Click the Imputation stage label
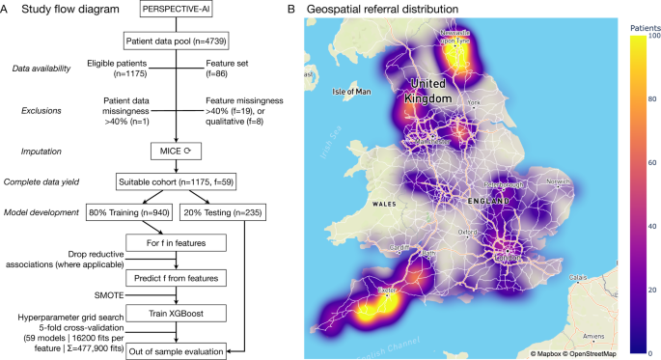click(36, 152)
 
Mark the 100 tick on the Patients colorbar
click(627, 36)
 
